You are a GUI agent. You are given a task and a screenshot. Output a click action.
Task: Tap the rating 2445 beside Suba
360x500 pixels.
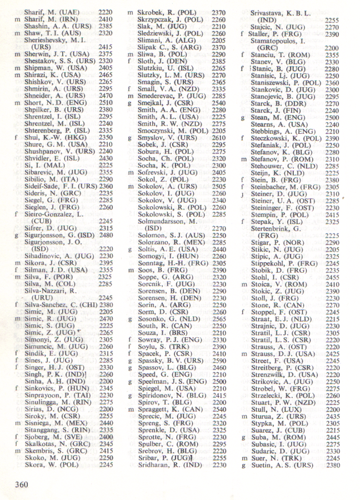[x=332, y=438]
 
